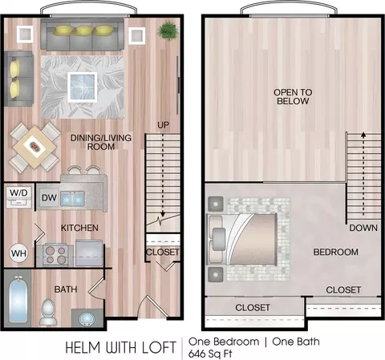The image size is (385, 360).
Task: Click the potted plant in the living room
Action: pos(168,30)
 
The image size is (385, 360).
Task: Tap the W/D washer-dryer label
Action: pos(18,192)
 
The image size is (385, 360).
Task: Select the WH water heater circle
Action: pos(18,253)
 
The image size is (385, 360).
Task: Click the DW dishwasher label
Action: pos(49,198)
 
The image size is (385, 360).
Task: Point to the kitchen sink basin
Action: pos(72,199)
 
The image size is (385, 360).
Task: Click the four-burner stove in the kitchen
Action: pos(55,255)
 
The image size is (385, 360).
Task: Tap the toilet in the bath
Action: pos(48,312)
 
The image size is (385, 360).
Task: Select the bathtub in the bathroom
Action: pos(18,300)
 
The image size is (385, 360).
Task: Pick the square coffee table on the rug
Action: pos(83,87)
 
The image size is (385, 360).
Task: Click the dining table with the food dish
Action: pos(34,147)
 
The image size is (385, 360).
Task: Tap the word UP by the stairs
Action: pos(163,125)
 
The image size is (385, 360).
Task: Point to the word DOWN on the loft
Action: pos(363,228)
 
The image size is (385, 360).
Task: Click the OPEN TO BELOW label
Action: pos(293,97)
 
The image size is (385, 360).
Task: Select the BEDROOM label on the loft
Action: pos(336,252)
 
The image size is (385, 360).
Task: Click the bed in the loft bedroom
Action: pos(242,240)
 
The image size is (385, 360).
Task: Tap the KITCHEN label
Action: pos(79,228)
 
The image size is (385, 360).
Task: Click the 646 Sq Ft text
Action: pos(210,354)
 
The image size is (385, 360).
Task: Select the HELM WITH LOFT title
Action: pos(120,347)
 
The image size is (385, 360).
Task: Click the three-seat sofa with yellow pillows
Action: pos(82,34)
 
